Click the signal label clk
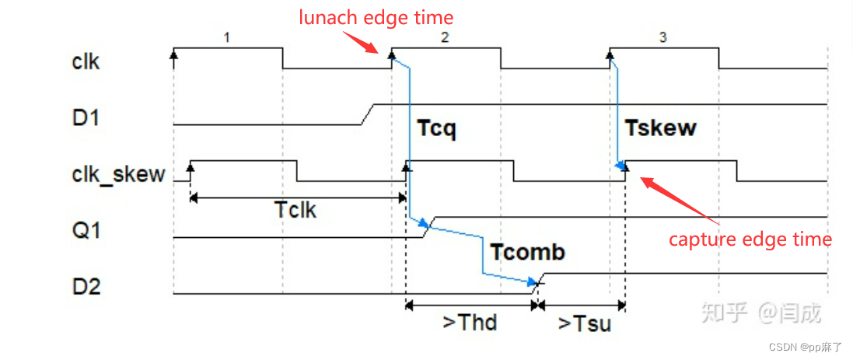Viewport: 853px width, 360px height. pos(86,61)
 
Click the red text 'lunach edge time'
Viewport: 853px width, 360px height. pos(376,17)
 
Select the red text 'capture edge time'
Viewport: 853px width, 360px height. pos(750,239)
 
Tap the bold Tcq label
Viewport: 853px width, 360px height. pos(436,128)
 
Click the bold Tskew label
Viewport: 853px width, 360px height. pos(660,128)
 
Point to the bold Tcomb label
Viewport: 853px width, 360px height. pos(527,252)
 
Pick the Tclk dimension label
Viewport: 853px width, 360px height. pos(295,209)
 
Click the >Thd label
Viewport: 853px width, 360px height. pos(470,321)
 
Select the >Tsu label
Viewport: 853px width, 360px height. pos(584,323)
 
